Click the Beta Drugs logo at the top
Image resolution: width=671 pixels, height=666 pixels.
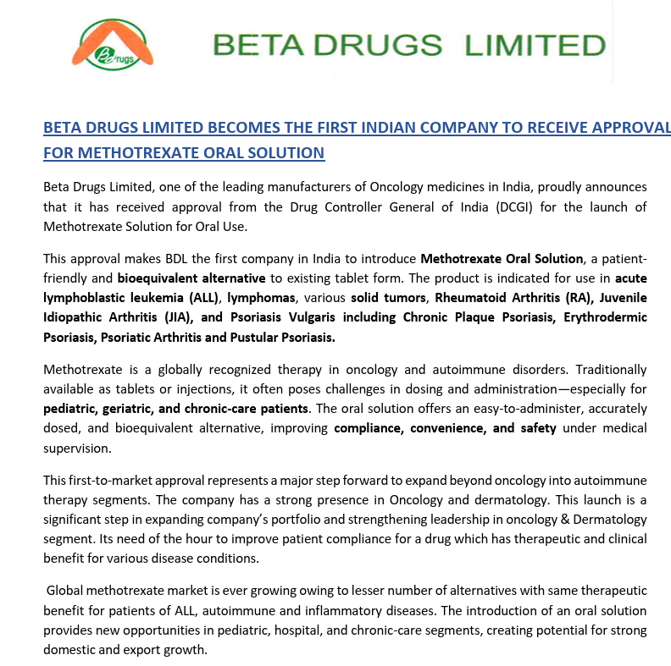[114, 45]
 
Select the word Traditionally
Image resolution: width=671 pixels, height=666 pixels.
[607, 369]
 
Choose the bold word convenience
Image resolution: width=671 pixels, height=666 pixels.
[448, 428]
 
